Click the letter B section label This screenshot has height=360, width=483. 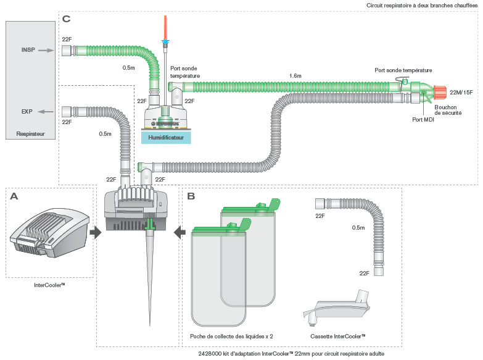coord(191,196)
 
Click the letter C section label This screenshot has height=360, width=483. coord(67,19)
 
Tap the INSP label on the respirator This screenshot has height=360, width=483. coord(28,50)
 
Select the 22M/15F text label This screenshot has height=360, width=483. coord(461,93)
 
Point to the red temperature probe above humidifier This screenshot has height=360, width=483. coord(165,26)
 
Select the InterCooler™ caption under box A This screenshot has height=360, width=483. coord(50,285)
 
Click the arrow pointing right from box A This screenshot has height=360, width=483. coord(95,232)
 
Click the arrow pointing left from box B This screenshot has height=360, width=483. coord(180,232)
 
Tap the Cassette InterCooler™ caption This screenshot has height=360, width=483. coord(338,337)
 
